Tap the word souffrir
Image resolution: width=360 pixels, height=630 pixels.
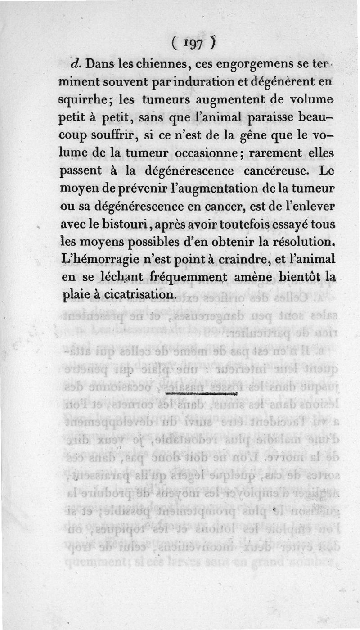pos(115,136)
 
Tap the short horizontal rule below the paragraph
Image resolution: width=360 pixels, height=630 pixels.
pos(201,393)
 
